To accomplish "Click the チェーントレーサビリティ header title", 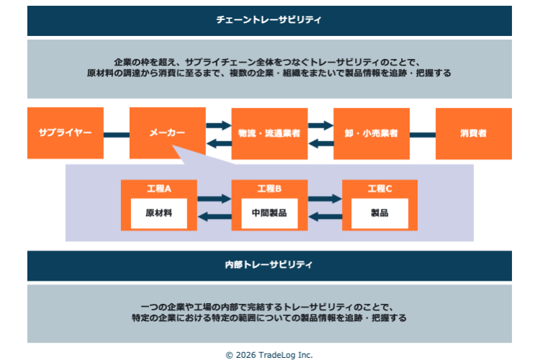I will [x=269, y=20].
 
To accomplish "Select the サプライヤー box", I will [x=65, y=133].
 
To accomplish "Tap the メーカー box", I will [x=167, y=133].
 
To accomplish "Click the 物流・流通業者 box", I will [x=269, y=133].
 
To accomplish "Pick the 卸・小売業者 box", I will [x=372, y=133].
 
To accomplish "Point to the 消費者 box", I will [x=473, y=133].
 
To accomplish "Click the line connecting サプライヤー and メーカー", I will [x=116, y=134].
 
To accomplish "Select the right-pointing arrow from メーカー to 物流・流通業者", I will [x=218, y=126].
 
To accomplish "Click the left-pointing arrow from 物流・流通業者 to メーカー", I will [x=218, y=143].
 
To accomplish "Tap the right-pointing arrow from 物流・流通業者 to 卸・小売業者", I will [x=320, y=126].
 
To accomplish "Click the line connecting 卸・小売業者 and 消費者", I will [x=422, y=134].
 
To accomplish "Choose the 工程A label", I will [x=158, y=189].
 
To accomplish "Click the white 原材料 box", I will [x=158, y=213].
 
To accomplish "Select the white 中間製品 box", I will [x=269, y=213].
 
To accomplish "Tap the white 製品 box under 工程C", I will [x=379, y=213].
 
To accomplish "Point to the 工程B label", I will [x=269, y=189].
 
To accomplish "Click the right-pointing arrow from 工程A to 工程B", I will [x=214, y=198].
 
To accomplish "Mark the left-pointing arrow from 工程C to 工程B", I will [x=325, y=215].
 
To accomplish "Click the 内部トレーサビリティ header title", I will [x=269, y=265].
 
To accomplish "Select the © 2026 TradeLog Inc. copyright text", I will [x=269, y=354].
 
